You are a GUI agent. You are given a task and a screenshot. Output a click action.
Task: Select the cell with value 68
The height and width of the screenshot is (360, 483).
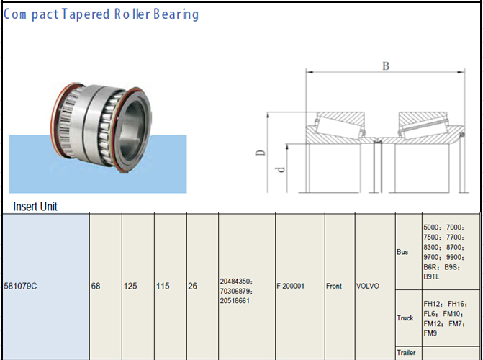(96, 286)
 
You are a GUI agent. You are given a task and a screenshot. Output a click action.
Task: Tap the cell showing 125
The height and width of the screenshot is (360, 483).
(130, 286)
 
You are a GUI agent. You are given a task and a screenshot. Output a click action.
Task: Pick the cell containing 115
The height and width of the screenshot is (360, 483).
(163, 286)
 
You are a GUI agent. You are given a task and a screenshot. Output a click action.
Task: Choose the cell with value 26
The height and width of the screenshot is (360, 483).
(193, 286)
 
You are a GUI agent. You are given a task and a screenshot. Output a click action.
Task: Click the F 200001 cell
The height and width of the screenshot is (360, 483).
(291, 286)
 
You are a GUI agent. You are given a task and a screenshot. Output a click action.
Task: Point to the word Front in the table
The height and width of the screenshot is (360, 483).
(334, 286)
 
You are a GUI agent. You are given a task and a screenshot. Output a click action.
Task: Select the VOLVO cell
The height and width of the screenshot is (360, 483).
(368, 286)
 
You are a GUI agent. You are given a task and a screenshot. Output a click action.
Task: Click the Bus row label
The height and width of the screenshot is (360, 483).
(402, 253)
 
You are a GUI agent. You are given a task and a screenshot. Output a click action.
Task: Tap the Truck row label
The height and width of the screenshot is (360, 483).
(405, 318)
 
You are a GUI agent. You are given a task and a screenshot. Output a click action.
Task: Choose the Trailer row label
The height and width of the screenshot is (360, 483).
(406, 353)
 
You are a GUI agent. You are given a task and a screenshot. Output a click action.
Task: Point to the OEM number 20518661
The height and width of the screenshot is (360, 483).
(235, 300)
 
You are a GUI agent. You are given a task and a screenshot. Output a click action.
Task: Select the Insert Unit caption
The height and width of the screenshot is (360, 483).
(35, 206)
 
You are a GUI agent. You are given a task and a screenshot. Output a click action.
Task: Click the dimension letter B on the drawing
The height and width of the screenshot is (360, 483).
(386, 66)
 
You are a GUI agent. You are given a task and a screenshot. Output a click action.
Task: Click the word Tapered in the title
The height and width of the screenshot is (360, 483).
(83, 14)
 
